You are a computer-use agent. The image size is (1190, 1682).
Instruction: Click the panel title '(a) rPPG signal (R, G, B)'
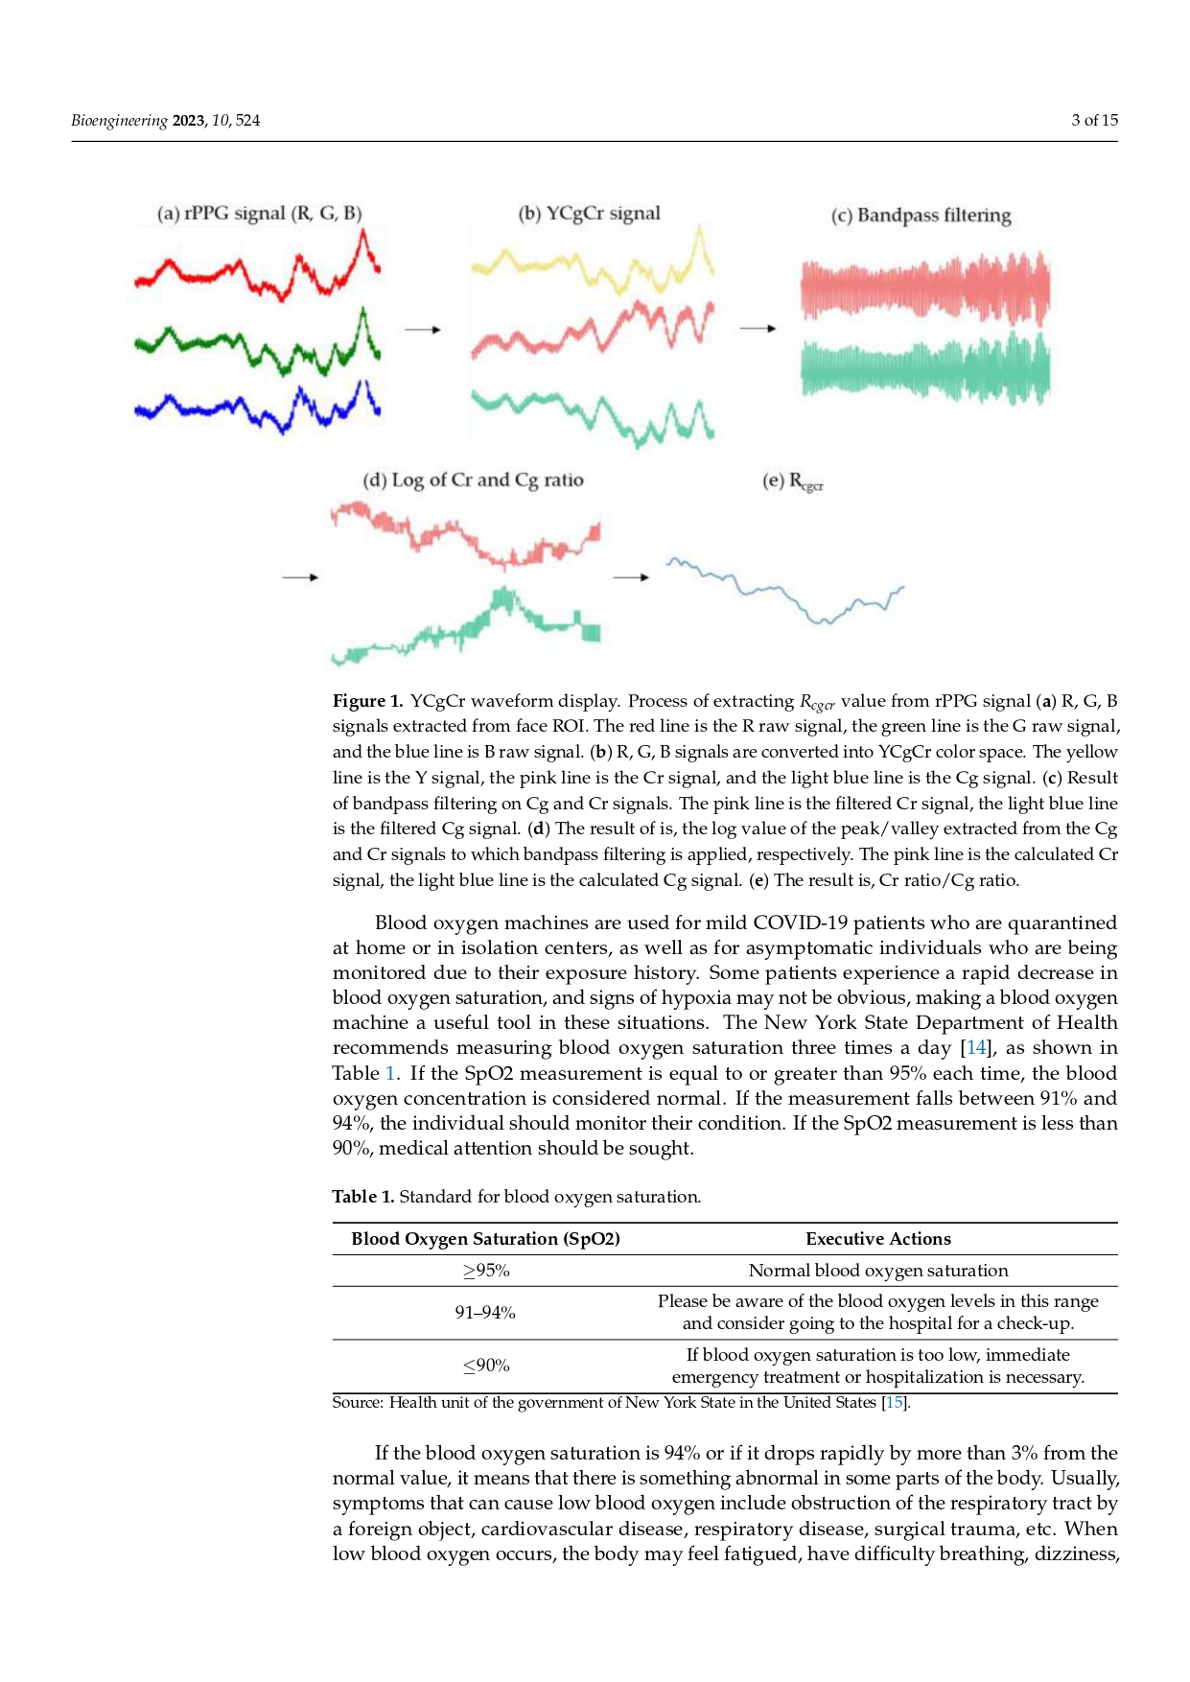click(x=259, y=214)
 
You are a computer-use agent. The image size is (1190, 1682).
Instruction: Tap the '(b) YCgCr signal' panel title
click(x=589, y=214)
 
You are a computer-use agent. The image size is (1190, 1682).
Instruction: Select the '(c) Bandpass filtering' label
click(x=921, y=216)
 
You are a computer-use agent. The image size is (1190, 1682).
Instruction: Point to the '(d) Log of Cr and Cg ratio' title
click(x=473, y=480)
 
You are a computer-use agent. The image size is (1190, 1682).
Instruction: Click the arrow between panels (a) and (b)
click(x=422, y=330)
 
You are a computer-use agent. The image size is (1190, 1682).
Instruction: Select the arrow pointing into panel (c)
click(x=758, y=329)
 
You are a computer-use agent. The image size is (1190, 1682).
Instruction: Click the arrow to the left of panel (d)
click(x=300, y=577)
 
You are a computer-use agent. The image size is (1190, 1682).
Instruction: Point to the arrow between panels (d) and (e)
click(x=631, y=577)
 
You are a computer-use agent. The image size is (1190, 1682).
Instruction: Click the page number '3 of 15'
click(x=1094, y=120)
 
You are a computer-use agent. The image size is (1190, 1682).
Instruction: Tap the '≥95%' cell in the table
click(x=486, y=1271)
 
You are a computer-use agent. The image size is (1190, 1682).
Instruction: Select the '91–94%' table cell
click(x=485, y=1313)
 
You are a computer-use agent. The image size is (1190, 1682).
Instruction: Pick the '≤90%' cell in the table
click(x=486, y=1366)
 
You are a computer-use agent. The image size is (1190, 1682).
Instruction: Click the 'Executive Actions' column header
click(x=878, y=1239)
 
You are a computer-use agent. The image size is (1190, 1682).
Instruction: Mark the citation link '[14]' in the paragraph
click(x=975, y=1048)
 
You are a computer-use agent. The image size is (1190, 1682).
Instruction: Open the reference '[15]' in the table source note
click(x=894, y=1403)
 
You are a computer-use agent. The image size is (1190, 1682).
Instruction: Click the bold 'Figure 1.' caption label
click(x=367, y=701)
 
